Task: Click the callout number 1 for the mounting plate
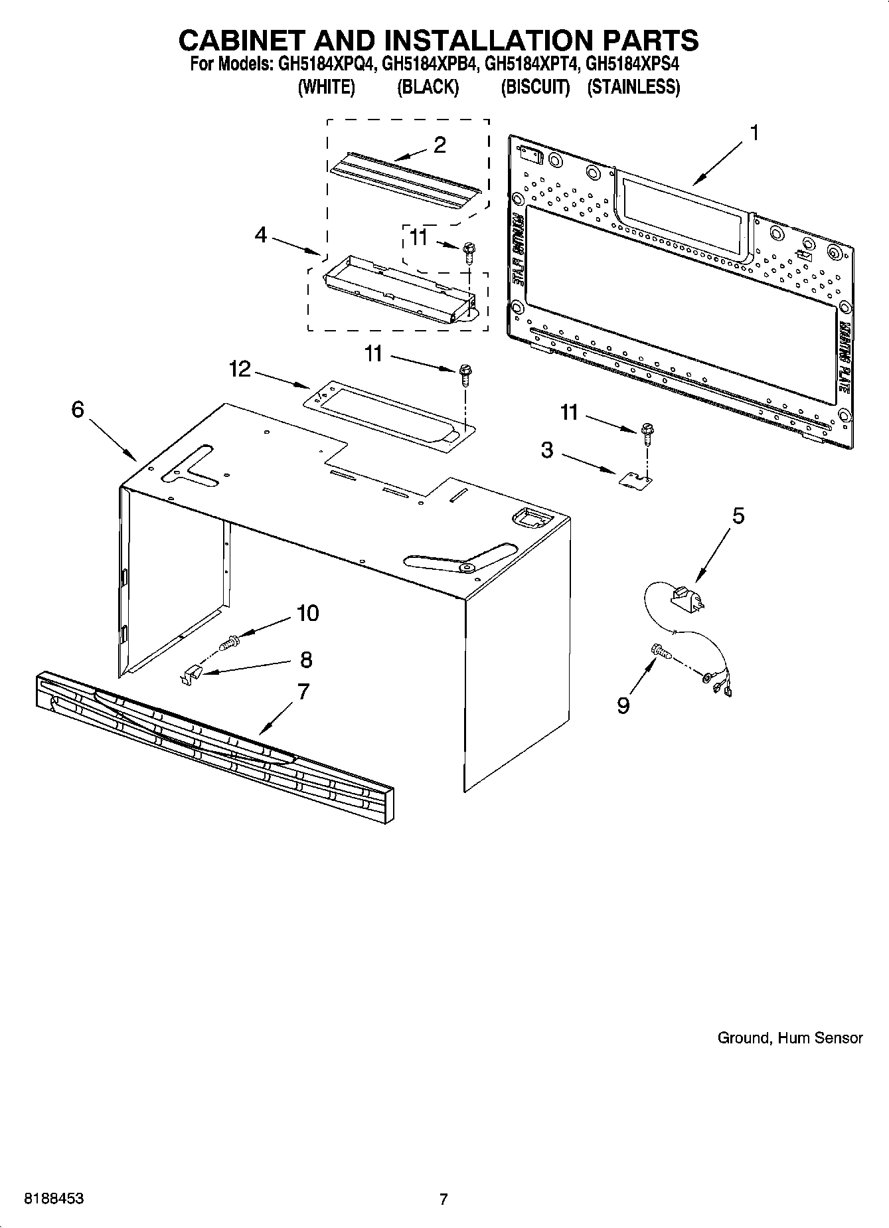pyautogui.click(x=754, y=133)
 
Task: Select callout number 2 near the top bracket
pyautogui.click(x=440, y=145)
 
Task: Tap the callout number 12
pyautogui.click(x=240, y=369)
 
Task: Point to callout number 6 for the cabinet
pyautogui.click(x=78, y=410)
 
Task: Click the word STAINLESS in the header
pyautogui.click(x=633, y=87)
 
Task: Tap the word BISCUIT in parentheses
pyautogui.click(x=535, y=87)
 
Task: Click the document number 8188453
pyautogui.click(x=54, y=1199)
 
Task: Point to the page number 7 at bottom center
pyautogui.click(x=444, y=1199)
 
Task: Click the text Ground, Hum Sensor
pyautogui.click(x=789, y=1037)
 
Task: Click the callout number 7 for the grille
pyautogui.click(x=303, y=691)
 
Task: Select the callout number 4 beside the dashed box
pyautogui.click(x=261, y=235)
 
